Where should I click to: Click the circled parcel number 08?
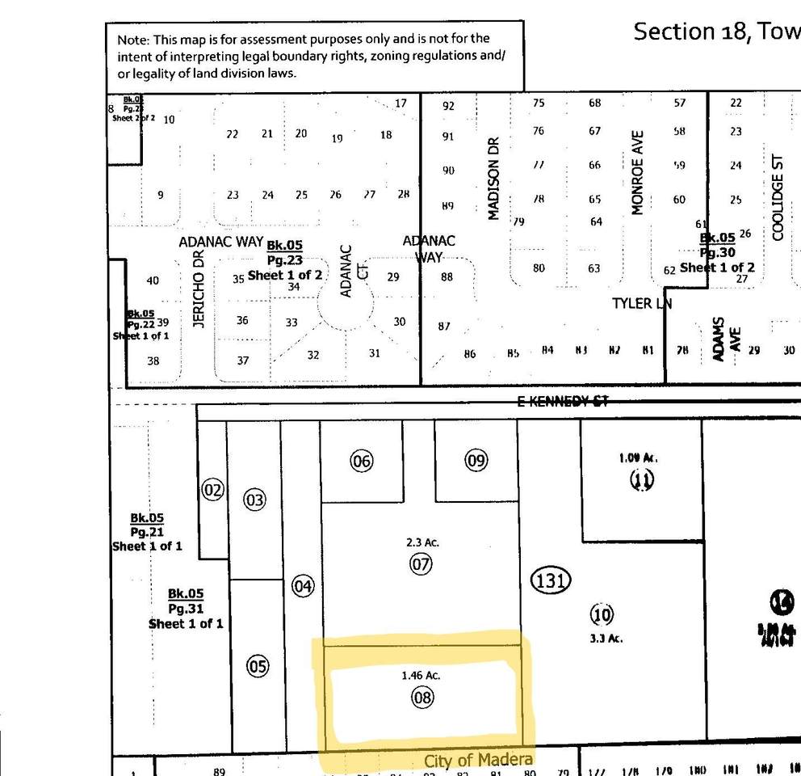(422, 697)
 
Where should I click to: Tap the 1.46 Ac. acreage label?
(421, 675)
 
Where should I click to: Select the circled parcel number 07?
(421, 563)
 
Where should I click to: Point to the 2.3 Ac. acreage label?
(422, 542)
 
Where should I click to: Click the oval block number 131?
(551, 580)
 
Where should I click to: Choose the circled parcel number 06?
(361, 461)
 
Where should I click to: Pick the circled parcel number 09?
(476, 461)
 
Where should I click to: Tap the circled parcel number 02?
(212, 490)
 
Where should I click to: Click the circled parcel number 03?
(254, 500)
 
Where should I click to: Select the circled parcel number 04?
(302, 586)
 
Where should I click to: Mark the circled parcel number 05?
(257, 667)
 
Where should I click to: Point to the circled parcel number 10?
(602, 615)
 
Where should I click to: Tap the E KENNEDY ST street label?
(563, 401)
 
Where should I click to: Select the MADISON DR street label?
(494, 179)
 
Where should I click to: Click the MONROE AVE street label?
(637, 173)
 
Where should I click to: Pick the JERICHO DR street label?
(199, 289)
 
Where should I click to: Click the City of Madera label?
(478, 761)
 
